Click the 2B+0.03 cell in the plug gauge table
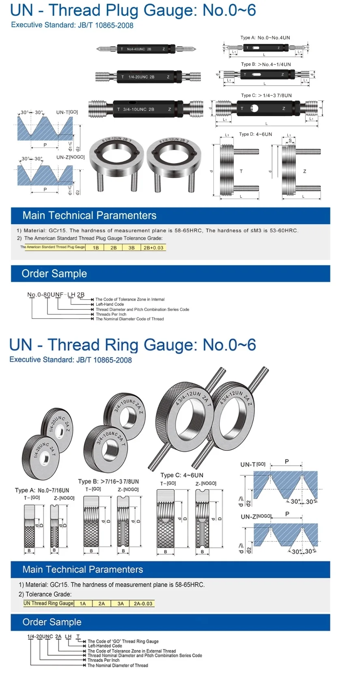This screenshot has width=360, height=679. (x=153, y=247)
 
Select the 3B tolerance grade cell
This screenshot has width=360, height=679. (x=131, y=247)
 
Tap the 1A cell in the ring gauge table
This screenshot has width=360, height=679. (x=83, y=603)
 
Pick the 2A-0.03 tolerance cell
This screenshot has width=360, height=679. (x=143, y=603)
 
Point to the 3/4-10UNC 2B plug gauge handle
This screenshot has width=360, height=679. (x=145, y=109)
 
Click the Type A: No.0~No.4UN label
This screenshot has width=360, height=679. (x=265, y=38)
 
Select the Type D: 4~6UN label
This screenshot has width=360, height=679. (x=255, y=134)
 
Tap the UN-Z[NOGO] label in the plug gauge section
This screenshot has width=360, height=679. (x=71, y=157)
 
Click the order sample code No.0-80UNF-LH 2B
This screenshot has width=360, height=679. (x=56, y=294)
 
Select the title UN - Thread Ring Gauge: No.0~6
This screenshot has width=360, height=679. (x=132, y=345)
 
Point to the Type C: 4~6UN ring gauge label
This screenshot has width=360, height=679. (x=181, y=475)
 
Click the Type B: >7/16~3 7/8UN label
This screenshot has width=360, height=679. (x=108, y=481)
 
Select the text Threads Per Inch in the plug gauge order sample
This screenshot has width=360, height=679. (x=111, y=314)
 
